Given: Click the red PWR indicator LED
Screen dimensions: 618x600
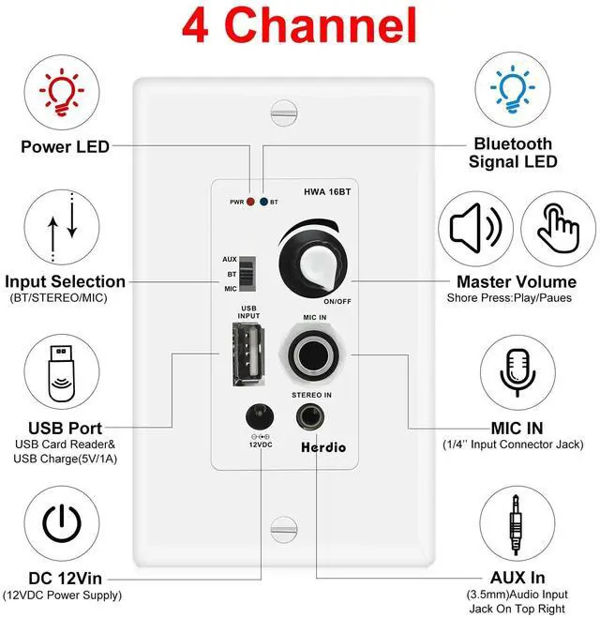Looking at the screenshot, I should pos(250,202).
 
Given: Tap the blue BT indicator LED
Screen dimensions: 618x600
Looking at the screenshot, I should pos(264,202).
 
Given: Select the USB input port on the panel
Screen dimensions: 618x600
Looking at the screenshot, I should pos(248,354).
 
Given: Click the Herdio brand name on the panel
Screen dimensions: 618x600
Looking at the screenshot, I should pos(322,446).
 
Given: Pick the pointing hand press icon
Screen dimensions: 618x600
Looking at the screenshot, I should pos(558,228).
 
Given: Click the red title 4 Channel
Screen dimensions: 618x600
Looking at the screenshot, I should pos(299,25).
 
